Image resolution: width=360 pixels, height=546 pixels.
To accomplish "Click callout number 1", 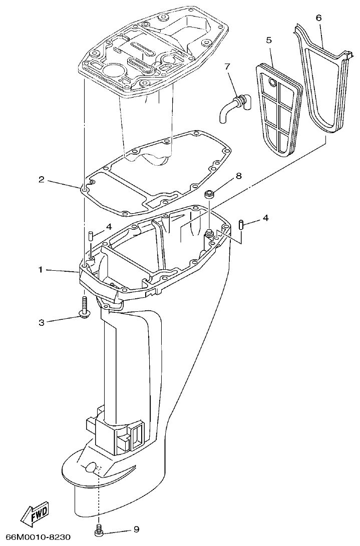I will (41, 270).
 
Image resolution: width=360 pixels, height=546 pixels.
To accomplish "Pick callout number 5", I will (268, 40).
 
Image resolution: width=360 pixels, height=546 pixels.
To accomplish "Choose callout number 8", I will (238, 176).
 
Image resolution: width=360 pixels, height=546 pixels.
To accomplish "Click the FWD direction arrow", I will (35, 513).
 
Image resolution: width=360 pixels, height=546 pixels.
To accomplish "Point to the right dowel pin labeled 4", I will (241, 223).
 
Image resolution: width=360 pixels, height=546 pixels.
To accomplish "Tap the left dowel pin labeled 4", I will (91, 235).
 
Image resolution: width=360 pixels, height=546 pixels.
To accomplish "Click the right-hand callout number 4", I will (265, 218).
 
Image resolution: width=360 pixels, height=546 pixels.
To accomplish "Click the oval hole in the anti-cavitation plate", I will (90, 467).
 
